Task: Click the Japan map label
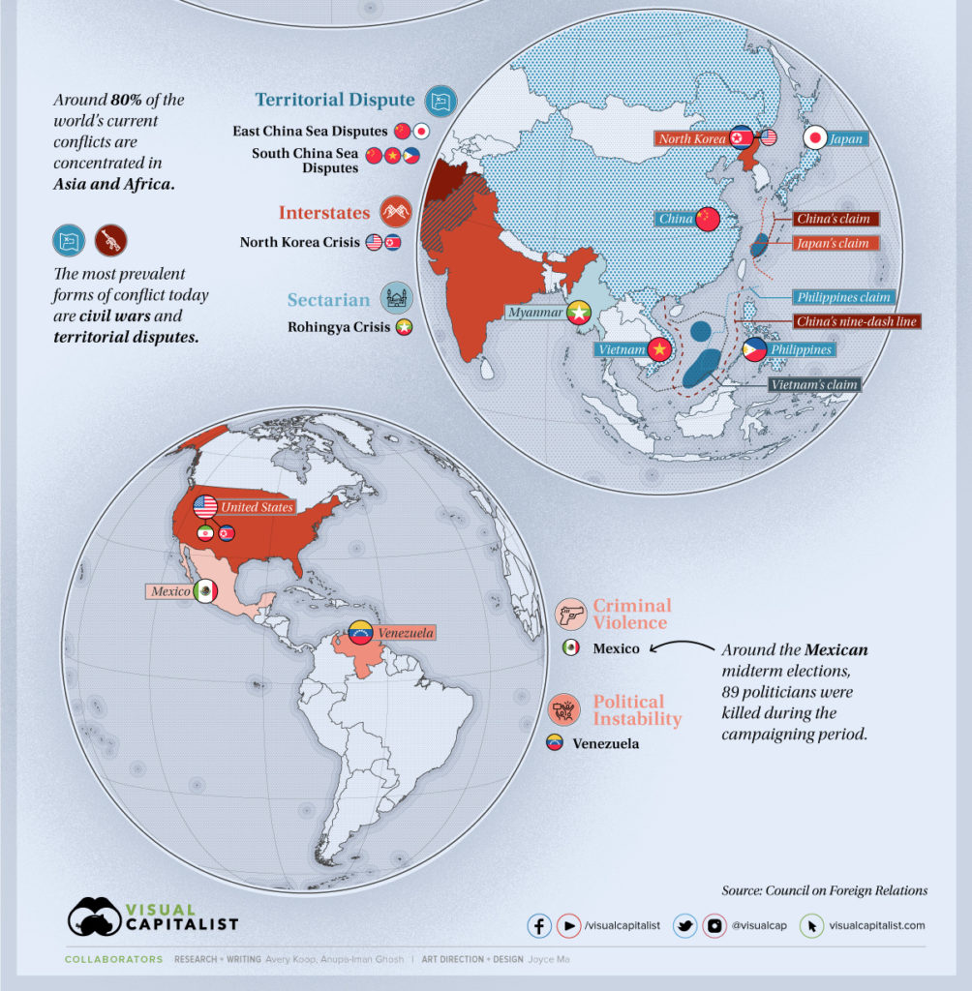846,139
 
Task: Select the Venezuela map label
405,633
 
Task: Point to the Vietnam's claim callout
814,384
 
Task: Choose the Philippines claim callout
843,297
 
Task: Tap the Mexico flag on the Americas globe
205,591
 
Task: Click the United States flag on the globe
205,506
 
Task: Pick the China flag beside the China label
709,219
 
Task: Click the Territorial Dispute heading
335,100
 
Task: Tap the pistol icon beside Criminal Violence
570,615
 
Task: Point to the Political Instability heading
637,710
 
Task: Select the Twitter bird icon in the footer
685,925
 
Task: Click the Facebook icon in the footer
539,925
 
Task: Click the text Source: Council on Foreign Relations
824,890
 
